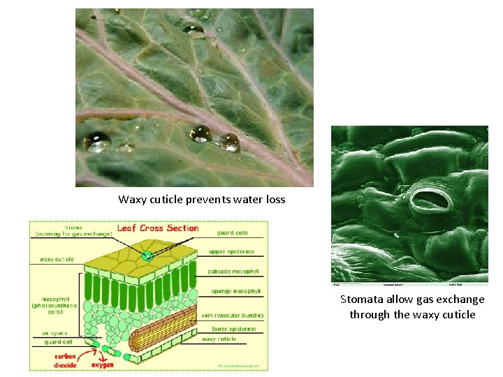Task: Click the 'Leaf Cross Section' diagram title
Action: click(x=157, y=228)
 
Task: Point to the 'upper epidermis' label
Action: click(x=233, y=252)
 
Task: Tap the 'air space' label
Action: click(x=54, y=333)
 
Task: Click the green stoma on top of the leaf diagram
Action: click(x=147, y=256)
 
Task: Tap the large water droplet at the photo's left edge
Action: click(x=96, y=142)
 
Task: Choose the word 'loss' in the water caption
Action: click(x=273, y=200)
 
